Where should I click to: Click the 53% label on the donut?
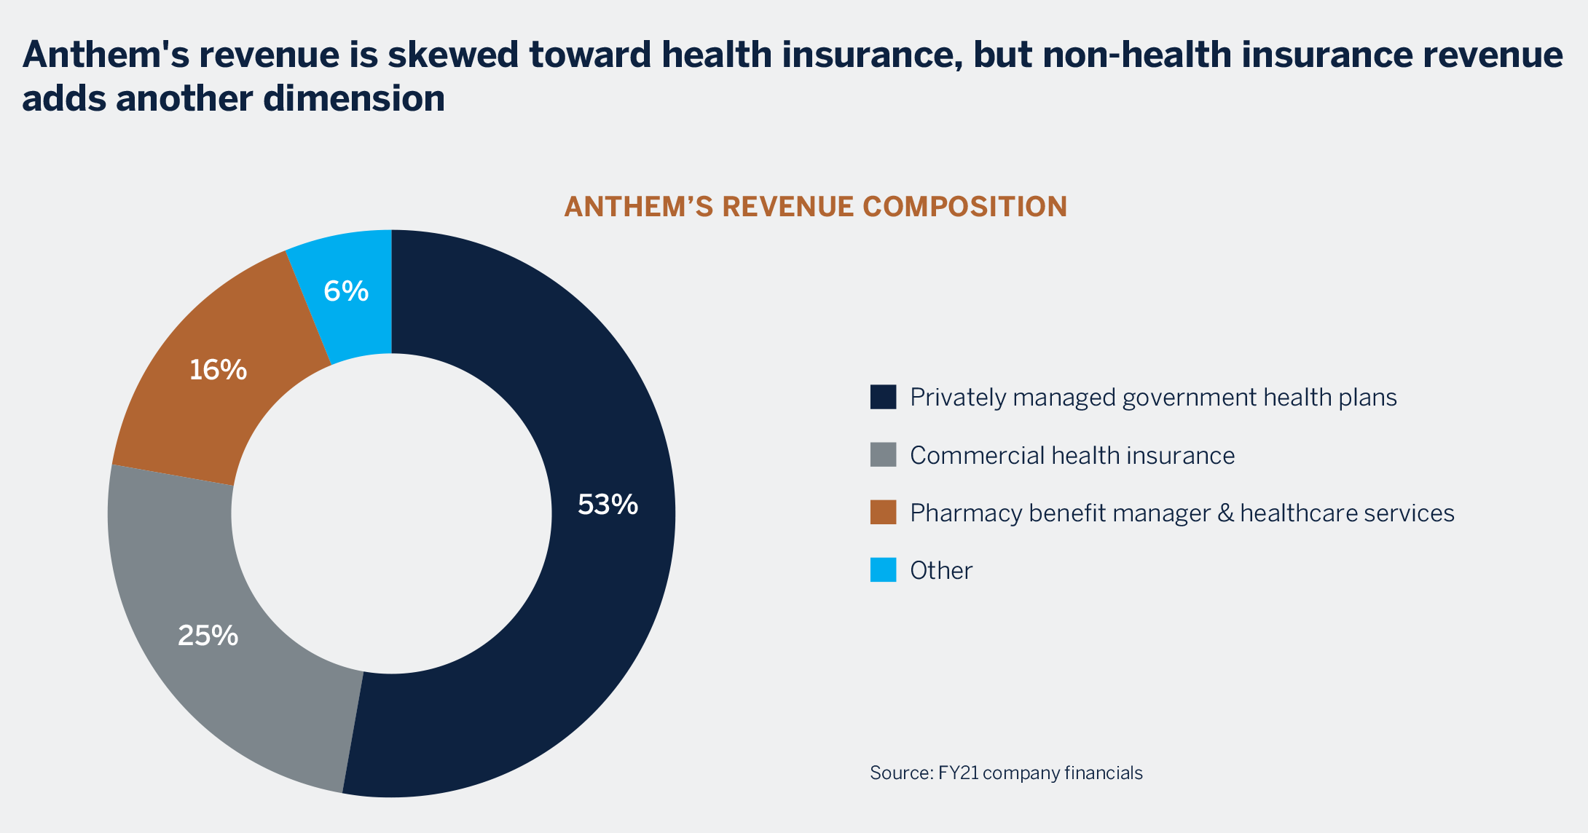(x=608, y=505)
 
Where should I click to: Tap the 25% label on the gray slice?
(x=208, y=636)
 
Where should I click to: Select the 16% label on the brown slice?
(x=218, y=370)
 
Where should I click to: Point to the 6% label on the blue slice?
(x=346, y=291)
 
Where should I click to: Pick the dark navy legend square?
(x=883, y=397)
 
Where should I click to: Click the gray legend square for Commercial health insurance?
(x=883, y=455)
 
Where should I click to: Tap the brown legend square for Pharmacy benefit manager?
(x=883, y=513)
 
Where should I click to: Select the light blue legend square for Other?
(x=883, y=570)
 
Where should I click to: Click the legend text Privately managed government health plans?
(x=1153, y=398)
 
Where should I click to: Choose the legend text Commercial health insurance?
(x=1072, y=456)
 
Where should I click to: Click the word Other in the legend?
(x=941, y=571)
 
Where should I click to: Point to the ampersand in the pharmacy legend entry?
(x=1226, y=513)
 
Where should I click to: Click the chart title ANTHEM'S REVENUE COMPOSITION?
(x=815, y=207)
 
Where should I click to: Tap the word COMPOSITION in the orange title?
(x=964, y=207)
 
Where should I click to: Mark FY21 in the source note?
(x=958, y=773)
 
